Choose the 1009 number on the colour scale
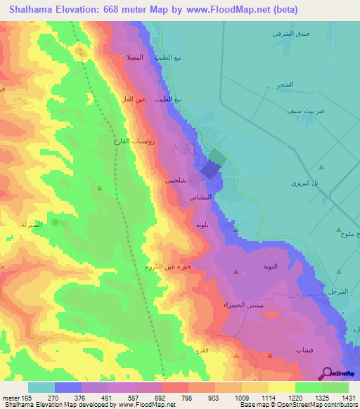pos(225,397)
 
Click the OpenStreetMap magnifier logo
pos(328,374)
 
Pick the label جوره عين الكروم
pos(172,266)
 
